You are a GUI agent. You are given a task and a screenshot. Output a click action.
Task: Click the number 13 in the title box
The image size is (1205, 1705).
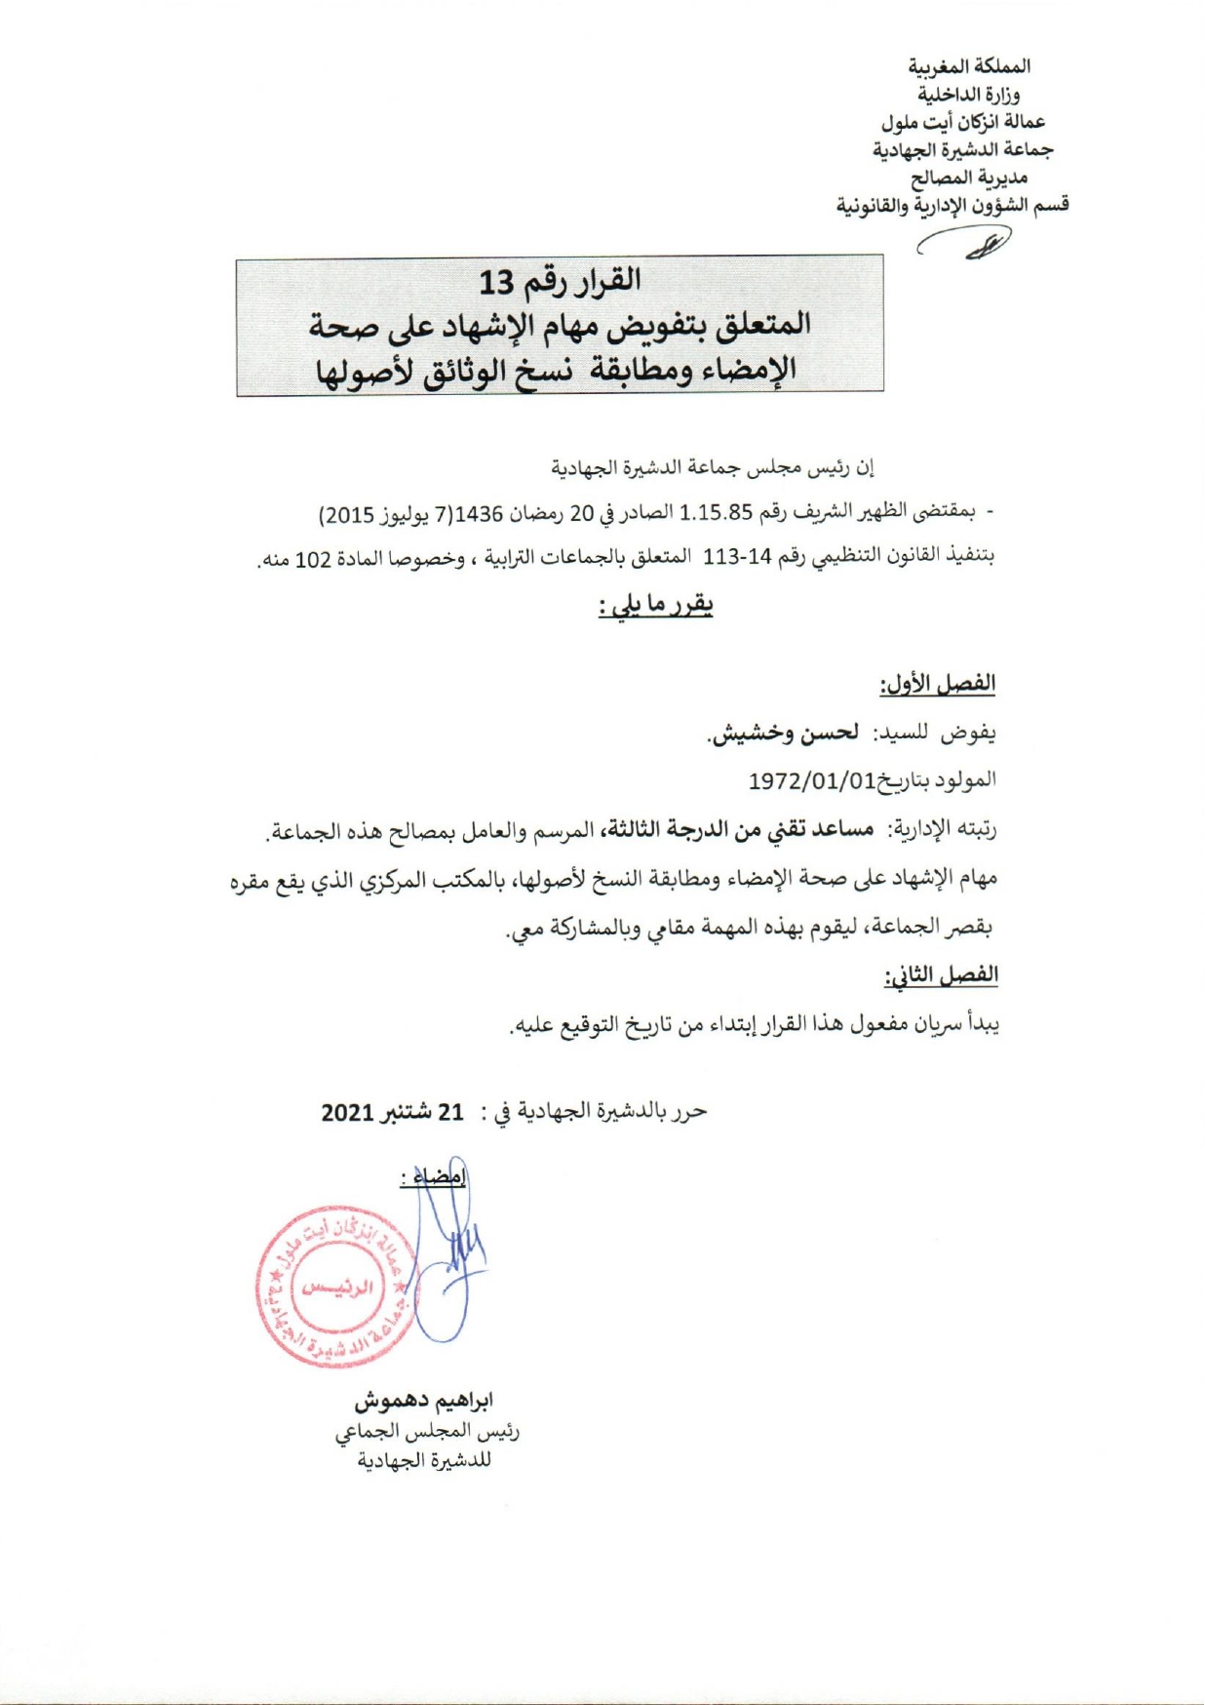click(495, 283)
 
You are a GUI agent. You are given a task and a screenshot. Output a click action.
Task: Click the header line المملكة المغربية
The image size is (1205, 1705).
click(969, 66)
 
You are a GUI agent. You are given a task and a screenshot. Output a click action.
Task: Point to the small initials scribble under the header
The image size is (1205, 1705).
click(975, 242)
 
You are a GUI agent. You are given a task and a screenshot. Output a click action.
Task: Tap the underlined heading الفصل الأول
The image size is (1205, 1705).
click(938, 684)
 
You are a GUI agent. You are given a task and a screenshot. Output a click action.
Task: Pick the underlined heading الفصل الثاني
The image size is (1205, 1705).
click(941, 975)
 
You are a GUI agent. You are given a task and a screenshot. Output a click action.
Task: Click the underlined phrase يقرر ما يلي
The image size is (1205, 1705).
click(655, 606)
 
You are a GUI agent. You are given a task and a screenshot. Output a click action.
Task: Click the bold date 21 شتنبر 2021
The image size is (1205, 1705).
click(392, 1112)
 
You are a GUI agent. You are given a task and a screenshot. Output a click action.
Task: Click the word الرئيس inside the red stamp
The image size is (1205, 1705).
click(337, 1287)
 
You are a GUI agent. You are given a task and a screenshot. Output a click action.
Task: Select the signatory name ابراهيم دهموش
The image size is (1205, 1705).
click(423, 1401)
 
